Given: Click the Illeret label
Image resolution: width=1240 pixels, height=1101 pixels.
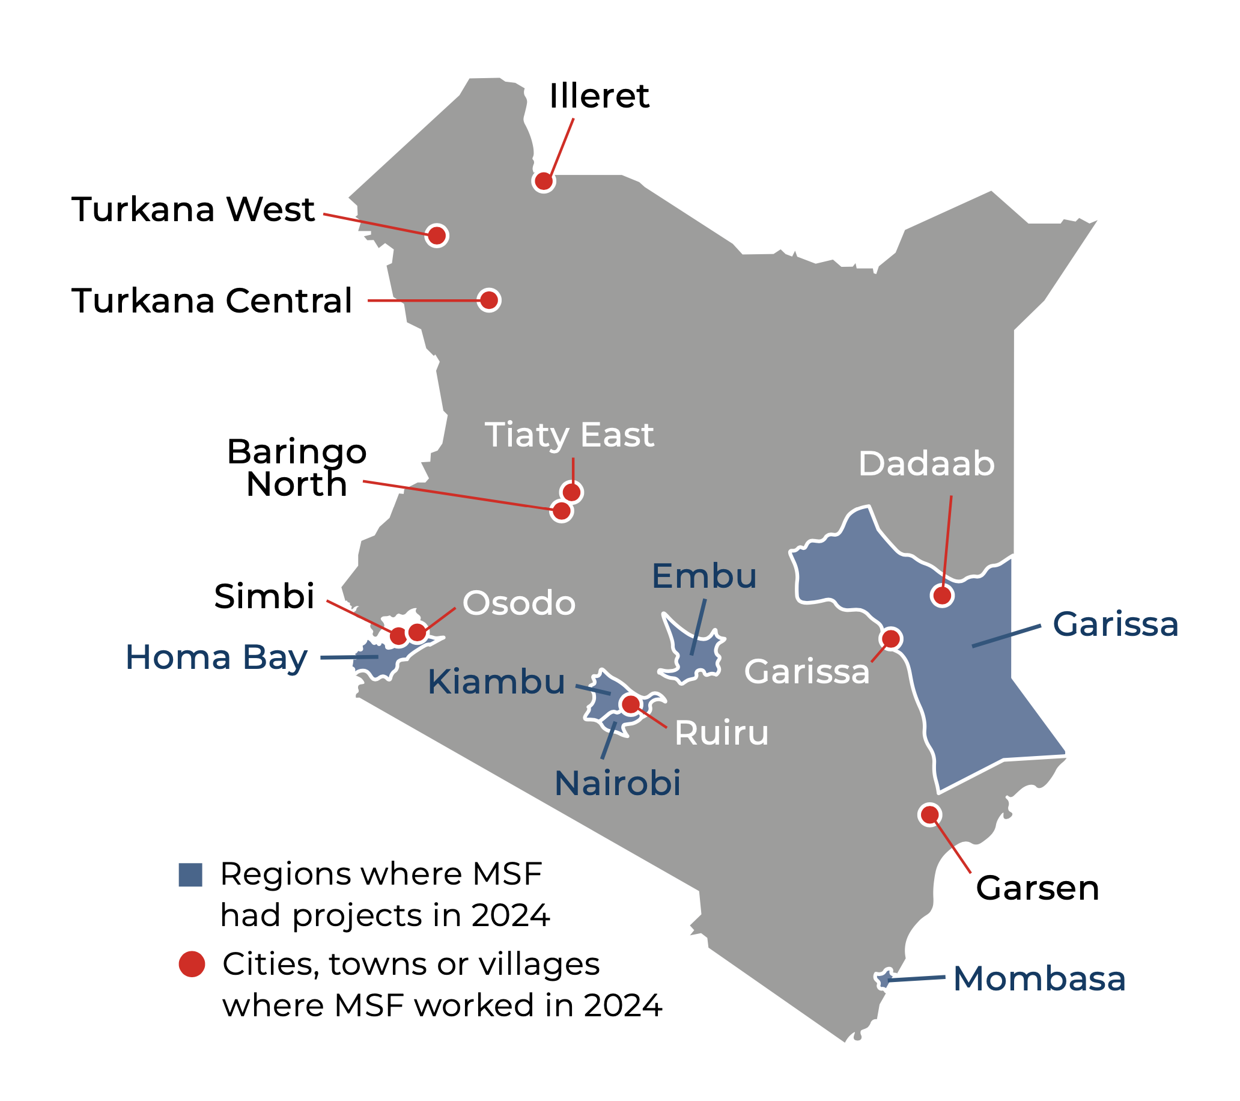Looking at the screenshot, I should click(x=599, y=96).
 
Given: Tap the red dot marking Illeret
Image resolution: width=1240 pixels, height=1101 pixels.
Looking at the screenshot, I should click(x=544, y=181).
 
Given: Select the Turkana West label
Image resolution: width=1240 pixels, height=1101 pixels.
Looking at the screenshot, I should click(x=193, y=209).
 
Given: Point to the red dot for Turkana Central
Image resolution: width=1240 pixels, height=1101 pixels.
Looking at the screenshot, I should click(x=489, y=300).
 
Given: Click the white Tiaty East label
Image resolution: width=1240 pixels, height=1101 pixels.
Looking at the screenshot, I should click(x=569, y=435).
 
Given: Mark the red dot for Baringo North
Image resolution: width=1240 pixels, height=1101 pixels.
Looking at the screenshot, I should click(x=562, y=511).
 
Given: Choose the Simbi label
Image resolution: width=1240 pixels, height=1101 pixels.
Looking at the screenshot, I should click(x=264, y=596).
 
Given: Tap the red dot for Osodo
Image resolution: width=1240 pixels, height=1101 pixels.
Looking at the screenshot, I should click(x=418, y=632).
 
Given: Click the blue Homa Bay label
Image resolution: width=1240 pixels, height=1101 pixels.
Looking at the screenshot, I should click(x=216, y=657).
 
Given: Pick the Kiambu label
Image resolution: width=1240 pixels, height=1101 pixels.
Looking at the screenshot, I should click(x=496, y=682).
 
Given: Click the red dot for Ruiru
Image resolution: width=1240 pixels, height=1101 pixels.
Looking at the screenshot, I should click(x=631, y=704).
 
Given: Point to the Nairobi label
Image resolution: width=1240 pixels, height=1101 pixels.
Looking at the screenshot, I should click(x=618, y=783).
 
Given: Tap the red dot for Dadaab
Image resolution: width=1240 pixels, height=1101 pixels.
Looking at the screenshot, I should click(x=942, y=596).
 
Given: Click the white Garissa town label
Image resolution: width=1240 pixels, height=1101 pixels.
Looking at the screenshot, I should click(x=807, y=671).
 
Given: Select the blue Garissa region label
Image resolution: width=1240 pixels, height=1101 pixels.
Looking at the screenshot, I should click(x=1116, y=624).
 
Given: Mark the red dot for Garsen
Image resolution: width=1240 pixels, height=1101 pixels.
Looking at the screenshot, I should click(x=930, y=814).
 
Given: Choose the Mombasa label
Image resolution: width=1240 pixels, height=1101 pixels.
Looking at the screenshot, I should click(x=1039, y=979).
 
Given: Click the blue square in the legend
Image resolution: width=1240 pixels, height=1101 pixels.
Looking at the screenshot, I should click(x=190, y=874).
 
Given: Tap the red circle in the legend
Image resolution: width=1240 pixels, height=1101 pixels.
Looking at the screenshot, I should click(x=192, y=964).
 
